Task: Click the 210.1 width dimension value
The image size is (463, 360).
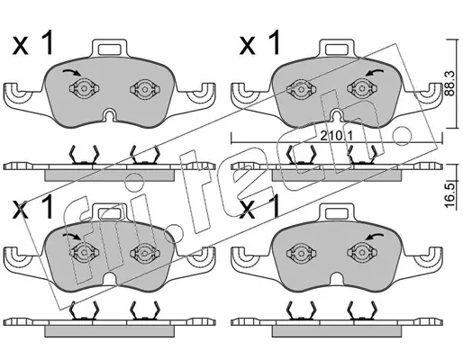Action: pyautogui.click(x=336, y=137)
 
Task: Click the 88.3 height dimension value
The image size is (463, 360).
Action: pyautogui.click(x=449, y=84)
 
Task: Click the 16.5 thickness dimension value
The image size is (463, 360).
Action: pyautogui.click(x=449, y=195)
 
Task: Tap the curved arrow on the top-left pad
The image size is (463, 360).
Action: pyautogui.click(x=71, y=72)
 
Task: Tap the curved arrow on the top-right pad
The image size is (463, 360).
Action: pyautogui.click(x=374, y=73)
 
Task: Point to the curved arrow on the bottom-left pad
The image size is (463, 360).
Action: pyautogui.click(x=71, y=237)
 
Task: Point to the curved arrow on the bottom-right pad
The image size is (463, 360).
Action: pyautogui.click(x=374, y=237)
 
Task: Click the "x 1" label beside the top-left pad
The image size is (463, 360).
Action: pyautogui.click(x=32, y=44)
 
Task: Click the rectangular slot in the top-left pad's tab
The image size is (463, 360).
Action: pyautogui.click(x=110, y=49)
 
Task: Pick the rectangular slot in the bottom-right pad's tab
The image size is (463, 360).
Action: pyautogui.click(x=337, y=213)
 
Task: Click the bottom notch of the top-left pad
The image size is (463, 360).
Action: pyautogui.click(x=110, y=115)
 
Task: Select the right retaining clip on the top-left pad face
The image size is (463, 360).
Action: pyautogui.click(x=145, y=88)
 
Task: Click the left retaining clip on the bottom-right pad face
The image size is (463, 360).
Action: pyautogui.click(x=301, y=252)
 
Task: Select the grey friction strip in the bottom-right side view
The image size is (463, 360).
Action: pyautogui.click(x=337, y=331)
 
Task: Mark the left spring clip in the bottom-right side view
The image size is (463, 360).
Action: pyautogui.click(x=301, y=310)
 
